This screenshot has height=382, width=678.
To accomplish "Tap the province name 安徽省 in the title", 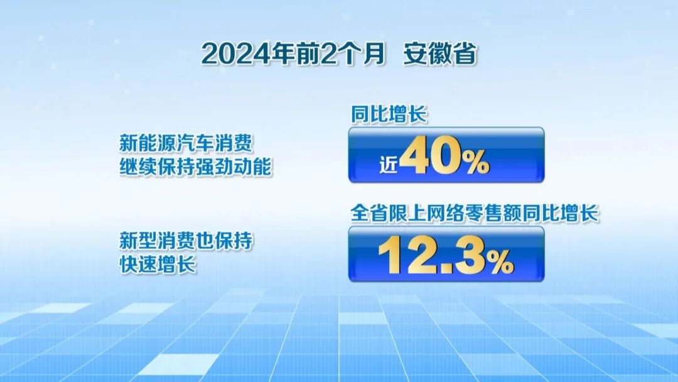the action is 439,54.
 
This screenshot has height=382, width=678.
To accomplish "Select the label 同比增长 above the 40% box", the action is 389,114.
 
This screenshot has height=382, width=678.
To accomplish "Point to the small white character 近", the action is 388,165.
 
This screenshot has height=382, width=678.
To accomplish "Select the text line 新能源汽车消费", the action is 186,143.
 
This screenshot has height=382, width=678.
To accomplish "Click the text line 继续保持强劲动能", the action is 195,166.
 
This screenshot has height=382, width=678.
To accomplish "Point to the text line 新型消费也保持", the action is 186,241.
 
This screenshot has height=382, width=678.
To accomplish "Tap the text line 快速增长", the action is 158,265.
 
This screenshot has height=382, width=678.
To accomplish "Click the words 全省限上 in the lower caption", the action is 387,213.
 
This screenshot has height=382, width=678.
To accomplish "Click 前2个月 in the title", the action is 341,54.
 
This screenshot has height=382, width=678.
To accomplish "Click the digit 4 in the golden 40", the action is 413,155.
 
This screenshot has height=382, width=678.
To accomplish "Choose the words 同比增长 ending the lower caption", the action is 561,213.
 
